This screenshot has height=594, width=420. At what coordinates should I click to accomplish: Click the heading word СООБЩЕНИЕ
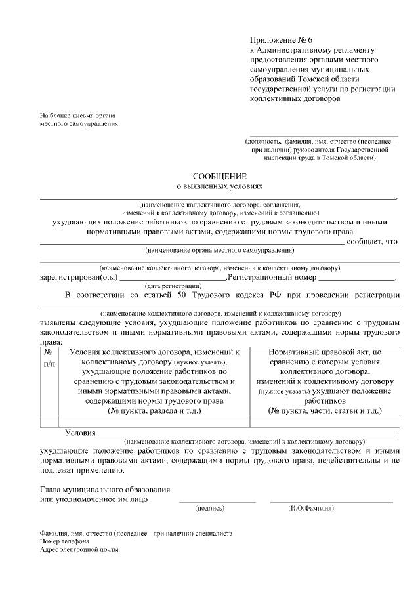pos(219,176)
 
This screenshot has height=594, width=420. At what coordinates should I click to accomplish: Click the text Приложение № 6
pos(278,40)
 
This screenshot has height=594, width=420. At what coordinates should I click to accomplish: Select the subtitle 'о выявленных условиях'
pos(219,186)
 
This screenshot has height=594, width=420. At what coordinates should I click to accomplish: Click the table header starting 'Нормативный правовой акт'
pos(325,381)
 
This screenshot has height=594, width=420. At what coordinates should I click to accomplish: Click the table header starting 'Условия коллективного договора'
pos(154,381)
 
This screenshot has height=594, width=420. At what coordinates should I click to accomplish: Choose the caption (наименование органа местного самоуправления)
pos(219,250)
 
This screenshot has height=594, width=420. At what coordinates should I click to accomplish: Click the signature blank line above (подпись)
pos(217,502)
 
